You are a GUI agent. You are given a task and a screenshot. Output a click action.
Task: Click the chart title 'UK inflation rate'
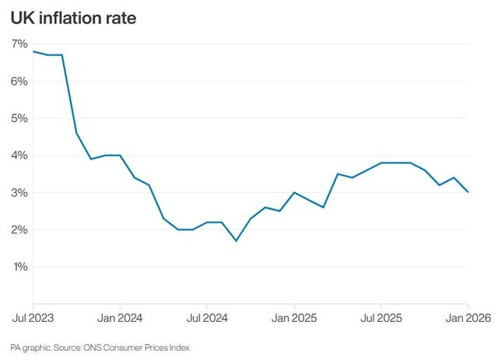(x=73, y=17)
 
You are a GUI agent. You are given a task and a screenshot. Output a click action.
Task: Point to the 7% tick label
(x=19, y=44)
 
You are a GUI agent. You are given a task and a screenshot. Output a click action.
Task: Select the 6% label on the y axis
(x=19, y=82)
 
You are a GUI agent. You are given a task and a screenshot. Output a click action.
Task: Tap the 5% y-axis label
(x=19, y=118)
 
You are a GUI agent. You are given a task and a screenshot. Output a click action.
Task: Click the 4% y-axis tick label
(x=19, y=156)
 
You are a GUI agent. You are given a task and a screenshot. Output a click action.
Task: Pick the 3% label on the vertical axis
(x=19, y=193)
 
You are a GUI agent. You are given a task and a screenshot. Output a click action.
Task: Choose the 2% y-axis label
(x=19, y=230)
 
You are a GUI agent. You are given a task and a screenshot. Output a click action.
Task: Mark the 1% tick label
(x=19, y=267)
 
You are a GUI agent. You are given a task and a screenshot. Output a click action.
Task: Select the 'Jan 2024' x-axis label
(x=120, y=319)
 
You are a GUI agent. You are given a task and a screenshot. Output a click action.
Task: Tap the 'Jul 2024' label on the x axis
(x=207, y=319)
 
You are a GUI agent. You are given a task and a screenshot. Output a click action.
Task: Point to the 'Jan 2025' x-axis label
(x=294, y=319)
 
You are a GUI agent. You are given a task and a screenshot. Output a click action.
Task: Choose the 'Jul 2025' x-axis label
(x=381, y=319)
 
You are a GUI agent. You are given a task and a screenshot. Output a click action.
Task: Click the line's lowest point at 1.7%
(x=236, y=241)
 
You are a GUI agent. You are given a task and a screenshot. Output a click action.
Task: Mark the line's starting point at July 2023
(x=33, y=51)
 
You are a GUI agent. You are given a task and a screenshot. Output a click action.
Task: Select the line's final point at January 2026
(x=468, y=192)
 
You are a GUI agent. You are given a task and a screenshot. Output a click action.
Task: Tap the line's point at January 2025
(x=294, y=192)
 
